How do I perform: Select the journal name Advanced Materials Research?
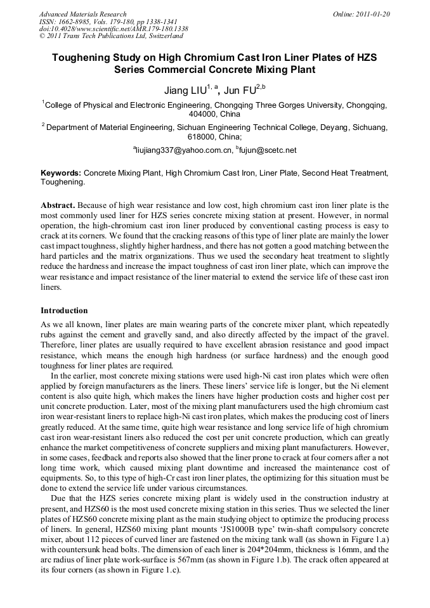82,14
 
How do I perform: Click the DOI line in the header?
114,29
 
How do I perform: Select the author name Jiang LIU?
185,91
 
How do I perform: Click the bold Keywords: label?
61,172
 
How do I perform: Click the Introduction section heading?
64,311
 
